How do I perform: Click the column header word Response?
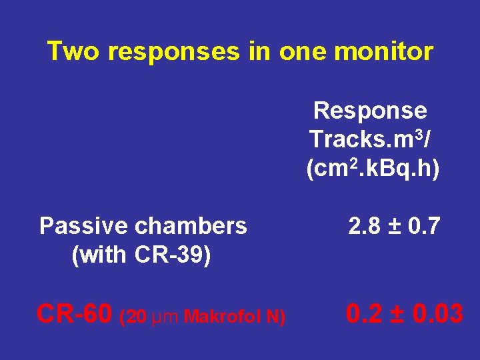click(x=370, y=110)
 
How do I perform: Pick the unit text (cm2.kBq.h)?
click(x=373, y=169)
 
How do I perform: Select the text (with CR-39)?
click(x=141, y=255)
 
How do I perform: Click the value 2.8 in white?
click(x=363, y=227)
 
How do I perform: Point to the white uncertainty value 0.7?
click(x=424, y=227)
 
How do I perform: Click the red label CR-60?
click(x=75, y=313)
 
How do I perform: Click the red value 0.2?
click(x=363, y=313)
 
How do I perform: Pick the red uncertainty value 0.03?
click(x=435, y=313)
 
